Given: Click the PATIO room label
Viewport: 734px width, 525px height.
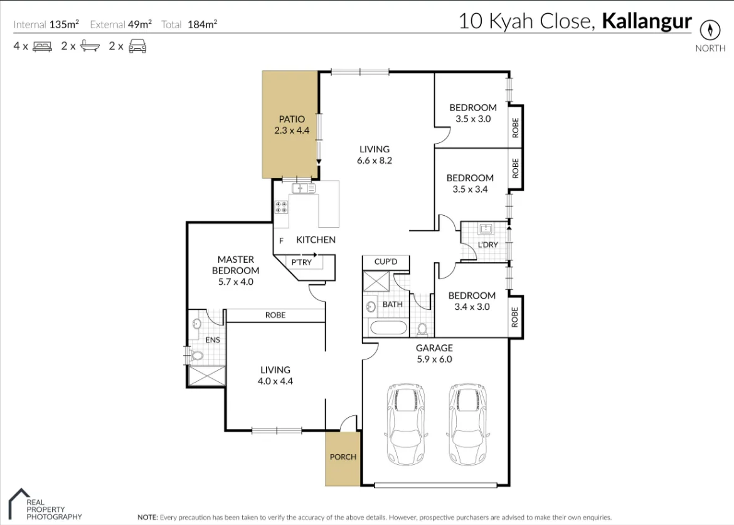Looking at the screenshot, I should (x=292, y=119).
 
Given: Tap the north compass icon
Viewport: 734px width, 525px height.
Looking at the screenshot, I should (x=710, y=29).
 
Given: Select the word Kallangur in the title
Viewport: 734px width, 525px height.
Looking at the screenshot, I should (x=647, y=21).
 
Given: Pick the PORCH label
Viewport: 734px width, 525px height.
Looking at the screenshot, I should (x=343, y=457).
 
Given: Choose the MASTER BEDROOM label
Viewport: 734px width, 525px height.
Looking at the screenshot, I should (x=235, y=265).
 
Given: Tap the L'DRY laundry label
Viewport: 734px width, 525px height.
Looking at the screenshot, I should (x=487, y=245).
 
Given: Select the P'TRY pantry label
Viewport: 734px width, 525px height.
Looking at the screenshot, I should (x=302, y=262).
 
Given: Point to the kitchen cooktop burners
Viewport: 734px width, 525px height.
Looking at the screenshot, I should (x=281, y=207).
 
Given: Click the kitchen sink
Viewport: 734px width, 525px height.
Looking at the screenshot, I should (x=302, y=188).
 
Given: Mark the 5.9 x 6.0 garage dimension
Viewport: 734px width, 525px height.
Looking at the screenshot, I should (x=434, y=359).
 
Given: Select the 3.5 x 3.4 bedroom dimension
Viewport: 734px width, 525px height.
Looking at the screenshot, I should (x=470, y=189).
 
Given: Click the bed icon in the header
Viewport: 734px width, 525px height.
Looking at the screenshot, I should (x=42, y=46).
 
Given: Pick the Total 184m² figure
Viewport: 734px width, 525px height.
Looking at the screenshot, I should (x=189, y=25).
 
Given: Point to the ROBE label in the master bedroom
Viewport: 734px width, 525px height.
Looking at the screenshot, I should (x=275, y=315).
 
